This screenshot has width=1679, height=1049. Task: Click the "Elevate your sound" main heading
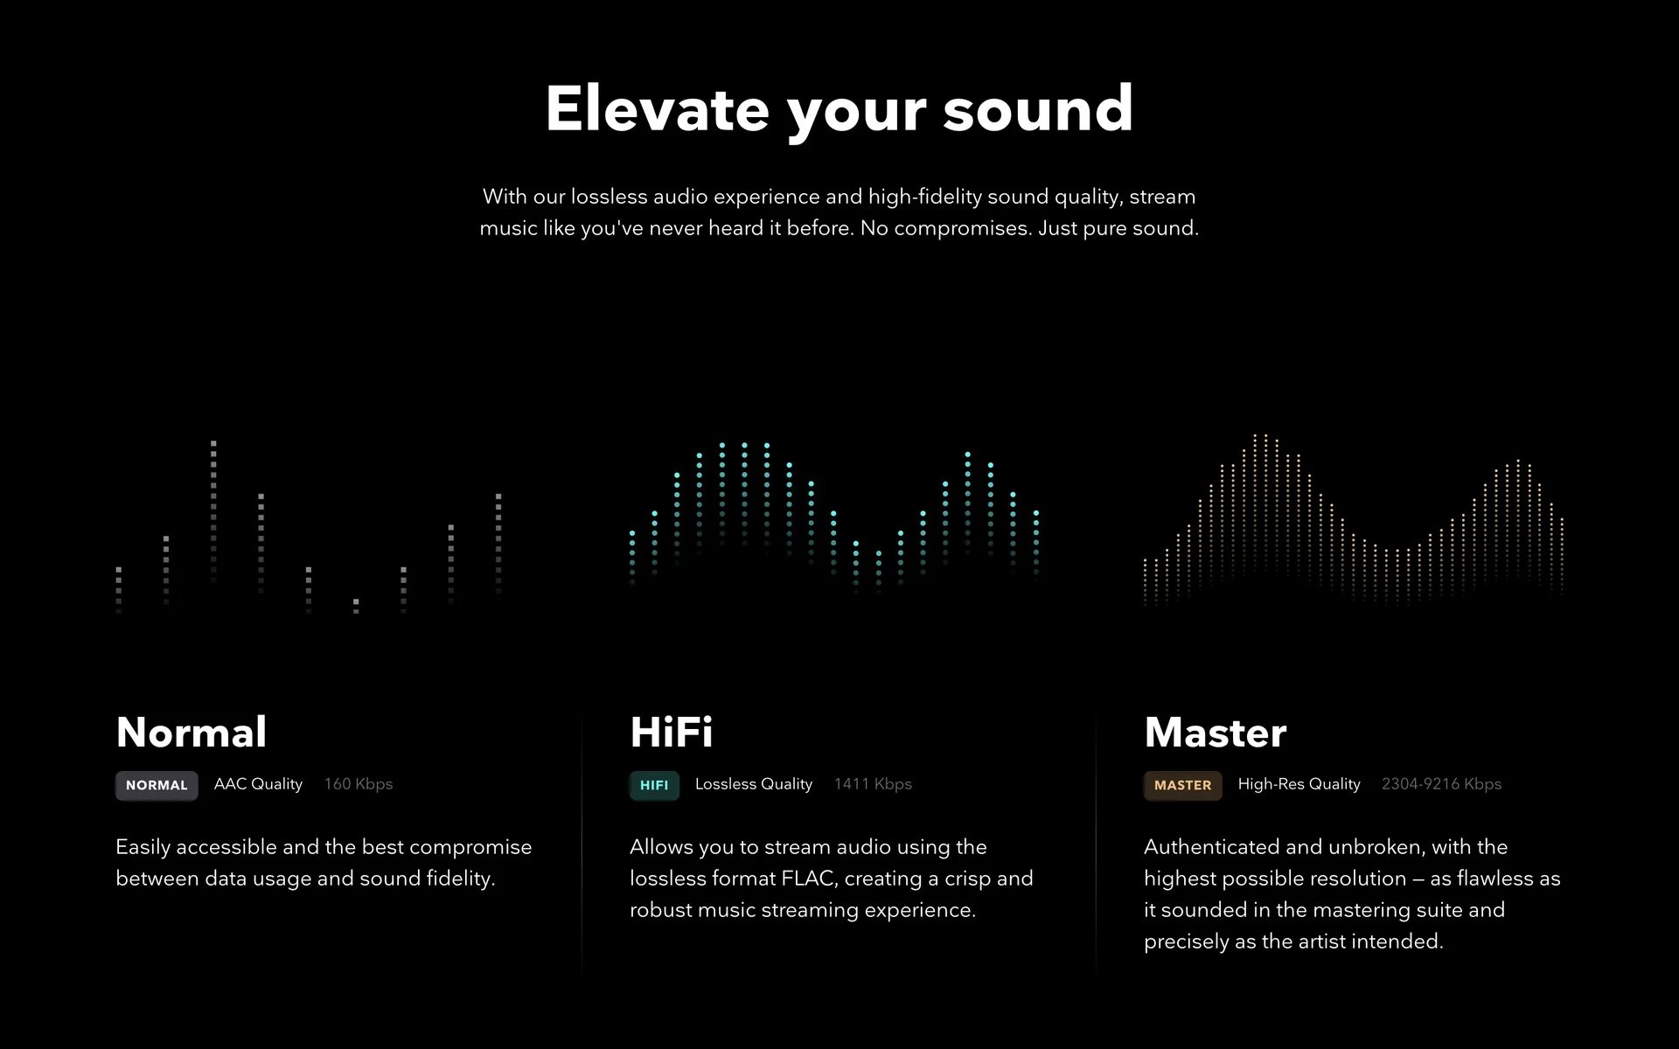[x=839, y=111]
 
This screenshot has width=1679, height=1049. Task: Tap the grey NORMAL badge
[x=157, y=785]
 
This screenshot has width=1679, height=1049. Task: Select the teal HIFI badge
[x=654, y=785]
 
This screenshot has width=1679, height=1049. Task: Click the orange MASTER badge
[x=1182, y=785]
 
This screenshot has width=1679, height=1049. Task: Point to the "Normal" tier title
[x=192, y=732]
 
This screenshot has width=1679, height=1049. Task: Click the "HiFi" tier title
[x=672, y=732]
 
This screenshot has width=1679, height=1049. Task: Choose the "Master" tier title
[x=1216, y=732]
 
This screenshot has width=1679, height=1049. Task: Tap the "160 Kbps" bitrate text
[x=359, y=784]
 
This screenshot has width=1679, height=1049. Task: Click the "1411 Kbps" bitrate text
[x=873, y=784]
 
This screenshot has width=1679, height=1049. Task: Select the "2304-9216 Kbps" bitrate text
[x=1441, y=784]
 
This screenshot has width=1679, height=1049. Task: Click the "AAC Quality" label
[x=258, y=784]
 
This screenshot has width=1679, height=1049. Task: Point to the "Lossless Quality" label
[x=754, y=784]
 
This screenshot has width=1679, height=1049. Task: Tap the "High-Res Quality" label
[x=1299, y=784]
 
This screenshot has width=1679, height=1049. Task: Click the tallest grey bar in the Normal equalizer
[x=213, y=511]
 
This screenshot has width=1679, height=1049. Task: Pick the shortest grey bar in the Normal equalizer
[x=356, y=606]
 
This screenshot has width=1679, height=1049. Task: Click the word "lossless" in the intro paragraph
[x=610, y=197]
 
